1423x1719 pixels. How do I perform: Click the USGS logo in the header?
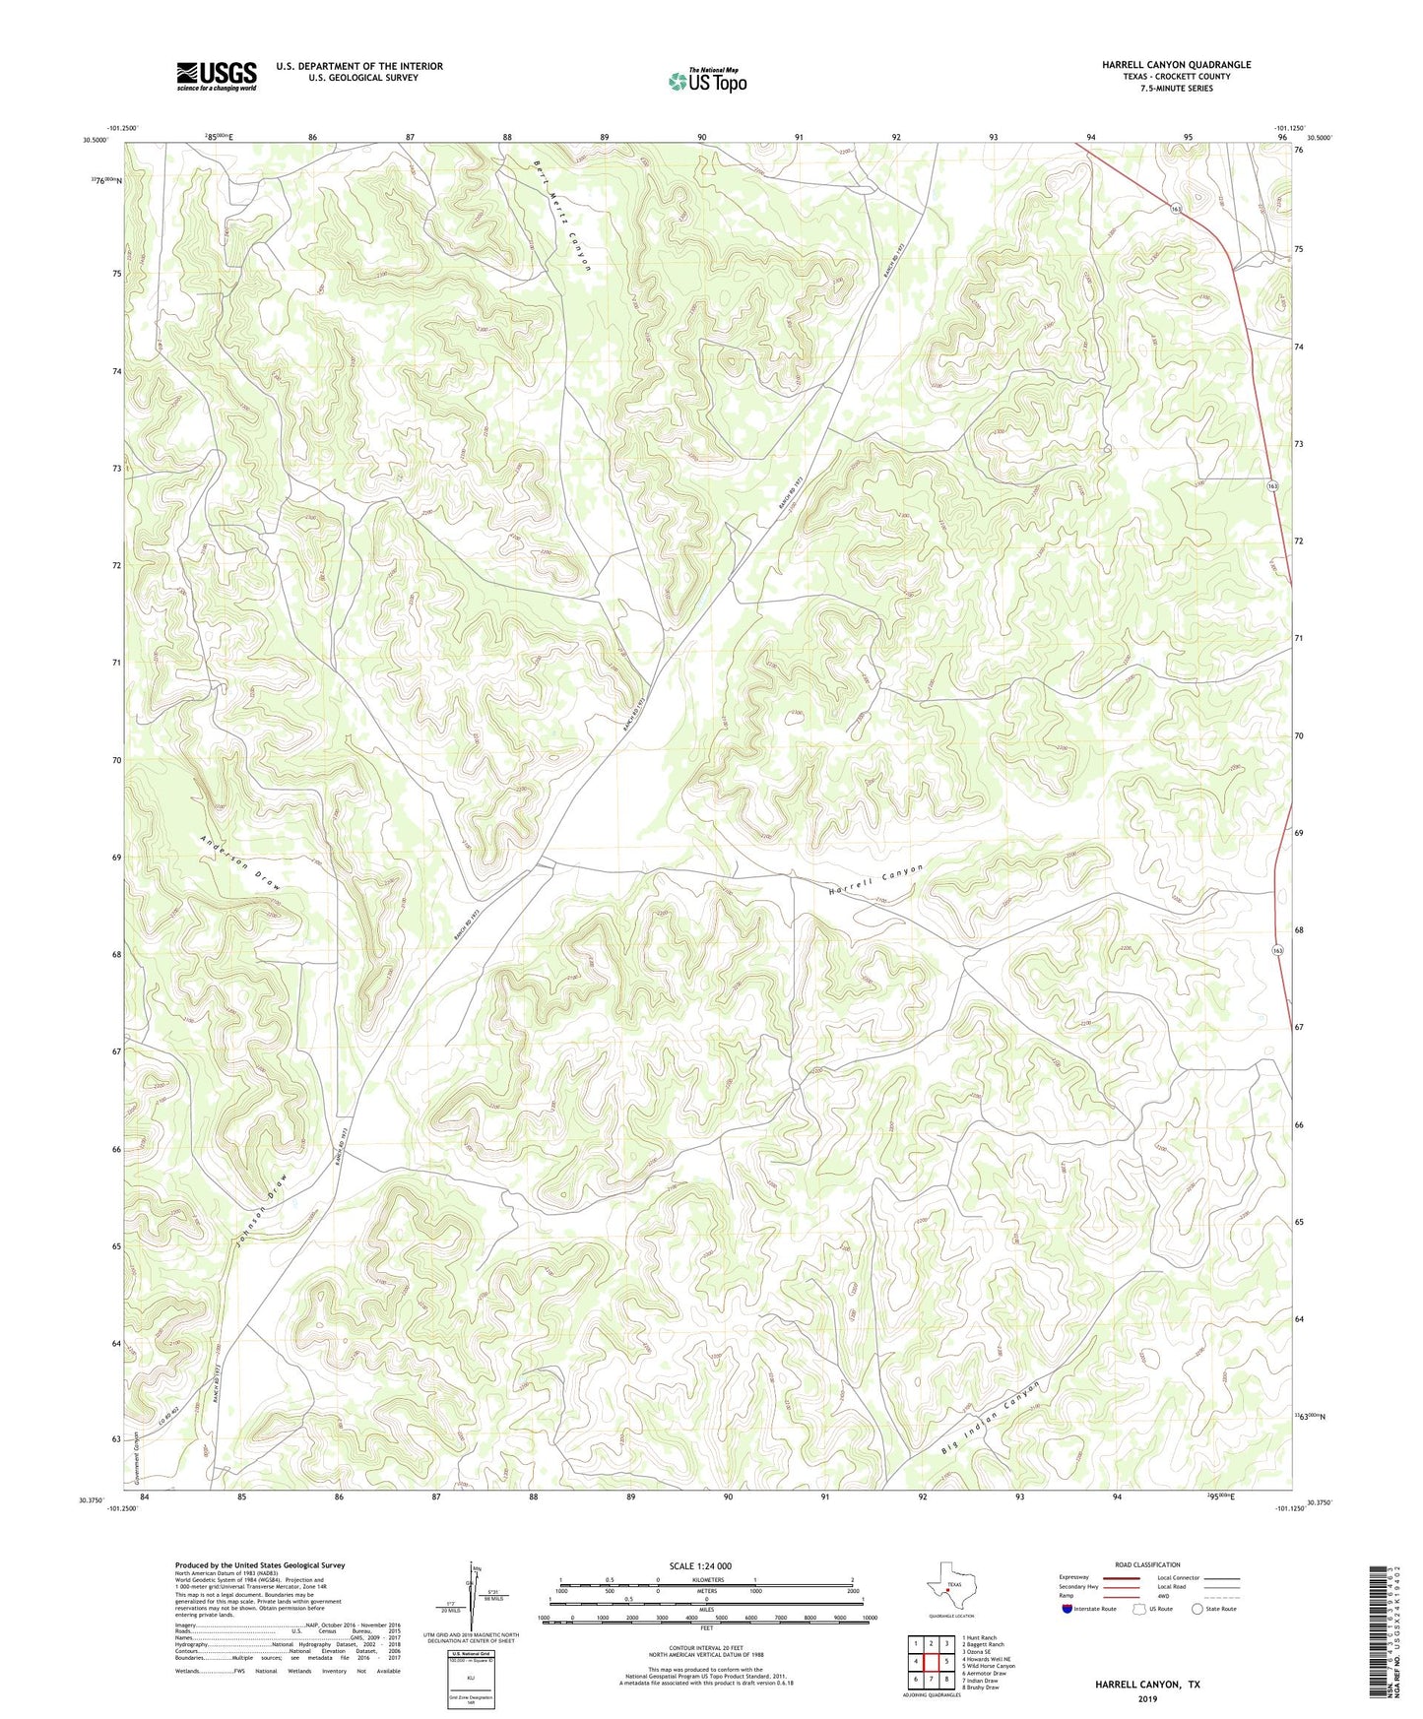(217, 76)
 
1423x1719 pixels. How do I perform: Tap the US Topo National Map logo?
(706, 81)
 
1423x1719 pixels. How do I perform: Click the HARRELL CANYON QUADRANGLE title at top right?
(1163, 65)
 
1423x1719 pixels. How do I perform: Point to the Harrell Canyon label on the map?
(874, 879)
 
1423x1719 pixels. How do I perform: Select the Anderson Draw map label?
(241, 863)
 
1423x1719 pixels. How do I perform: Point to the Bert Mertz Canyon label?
(562, 214)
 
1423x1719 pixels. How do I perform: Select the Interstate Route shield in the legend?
(1068, 1609)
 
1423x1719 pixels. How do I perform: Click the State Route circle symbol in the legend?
(1197, 1609)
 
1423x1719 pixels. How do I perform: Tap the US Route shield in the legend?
(1138, 1609)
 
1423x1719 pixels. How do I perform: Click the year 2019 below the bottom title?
(1147, 1698)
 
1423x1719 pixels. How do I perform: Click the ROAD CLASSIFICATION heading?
(1147, 1564)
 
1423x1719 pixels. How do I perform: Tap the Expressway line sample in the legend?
(1121, 1577)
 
